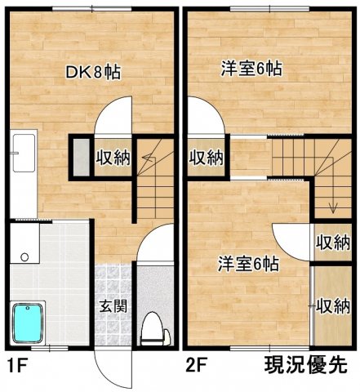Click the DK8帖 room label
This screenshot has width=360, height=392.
tap(93, 72)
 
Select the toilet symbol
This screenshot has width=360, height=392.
tap(153, 328)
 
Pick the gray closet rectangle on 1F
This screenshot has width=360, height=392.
tap(80, 157)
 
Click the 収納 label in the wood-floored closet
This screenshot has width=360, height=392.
tap(334, 306)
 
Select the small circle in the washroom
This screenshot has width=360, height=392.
tap(24, 256)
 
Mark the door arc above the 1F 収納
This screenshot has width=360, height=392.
tap(113, 114)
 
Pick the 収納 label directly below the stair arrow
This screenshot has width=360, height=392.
tap(333, 243)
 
